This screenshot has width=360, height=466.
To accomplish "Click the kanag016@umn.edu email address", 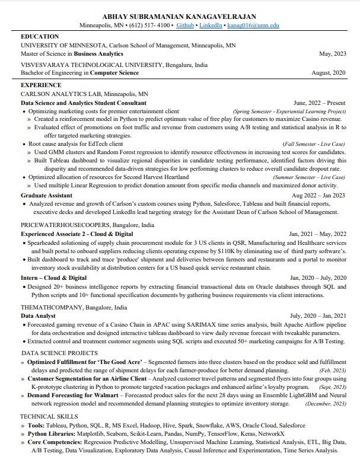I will (x=253, y=26).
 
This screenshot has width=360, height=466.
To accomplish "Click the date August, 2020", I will (x=328, y=73).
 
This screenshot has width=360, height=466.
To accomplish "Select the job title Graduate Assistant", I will (x=46, y=195).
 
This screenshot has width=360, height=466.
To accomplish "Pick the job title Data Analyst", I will (x=38, y=316).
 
